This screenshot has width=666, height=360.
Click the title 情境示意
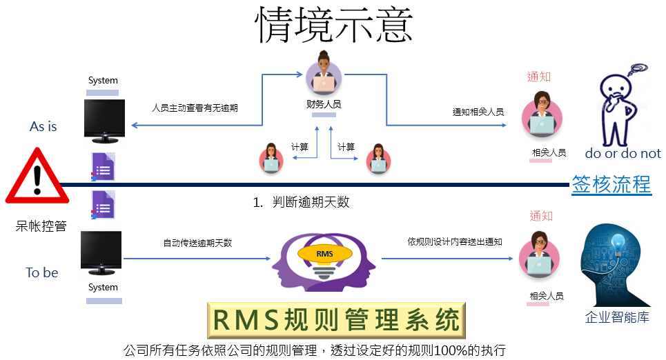334,25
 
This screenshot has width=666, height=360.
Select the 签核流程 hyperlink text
611,185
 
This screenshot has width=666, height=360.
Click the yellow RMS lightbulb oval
325,253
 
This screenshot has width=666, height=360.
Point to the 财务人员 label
324,104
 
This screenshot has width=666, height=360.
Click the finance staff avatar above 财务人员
324,74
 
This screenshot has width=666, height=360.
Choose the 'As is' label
43,126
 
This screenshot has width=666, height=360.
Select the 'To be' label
41,272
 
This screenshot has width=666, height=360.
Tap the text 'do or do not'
623,153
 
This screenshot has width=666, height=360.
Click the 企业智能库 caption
617,317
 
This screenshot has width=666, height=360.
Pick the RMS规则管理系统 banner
336,320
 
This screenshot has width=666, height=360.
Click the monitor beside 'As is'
104,121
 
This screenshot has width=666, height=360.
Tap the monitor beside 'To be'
101,253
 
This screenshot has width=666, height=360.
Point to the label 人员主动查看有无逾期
195,108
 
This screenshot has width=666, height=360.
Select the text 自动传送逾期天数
197,243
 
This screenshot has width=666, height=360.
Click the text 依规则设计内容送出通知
455,241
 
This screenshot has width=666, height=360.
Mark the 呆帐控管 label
41,226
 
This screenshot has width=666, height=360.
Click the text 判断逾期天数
311,202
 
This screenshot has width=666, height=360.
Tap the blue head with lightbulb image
615,265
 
